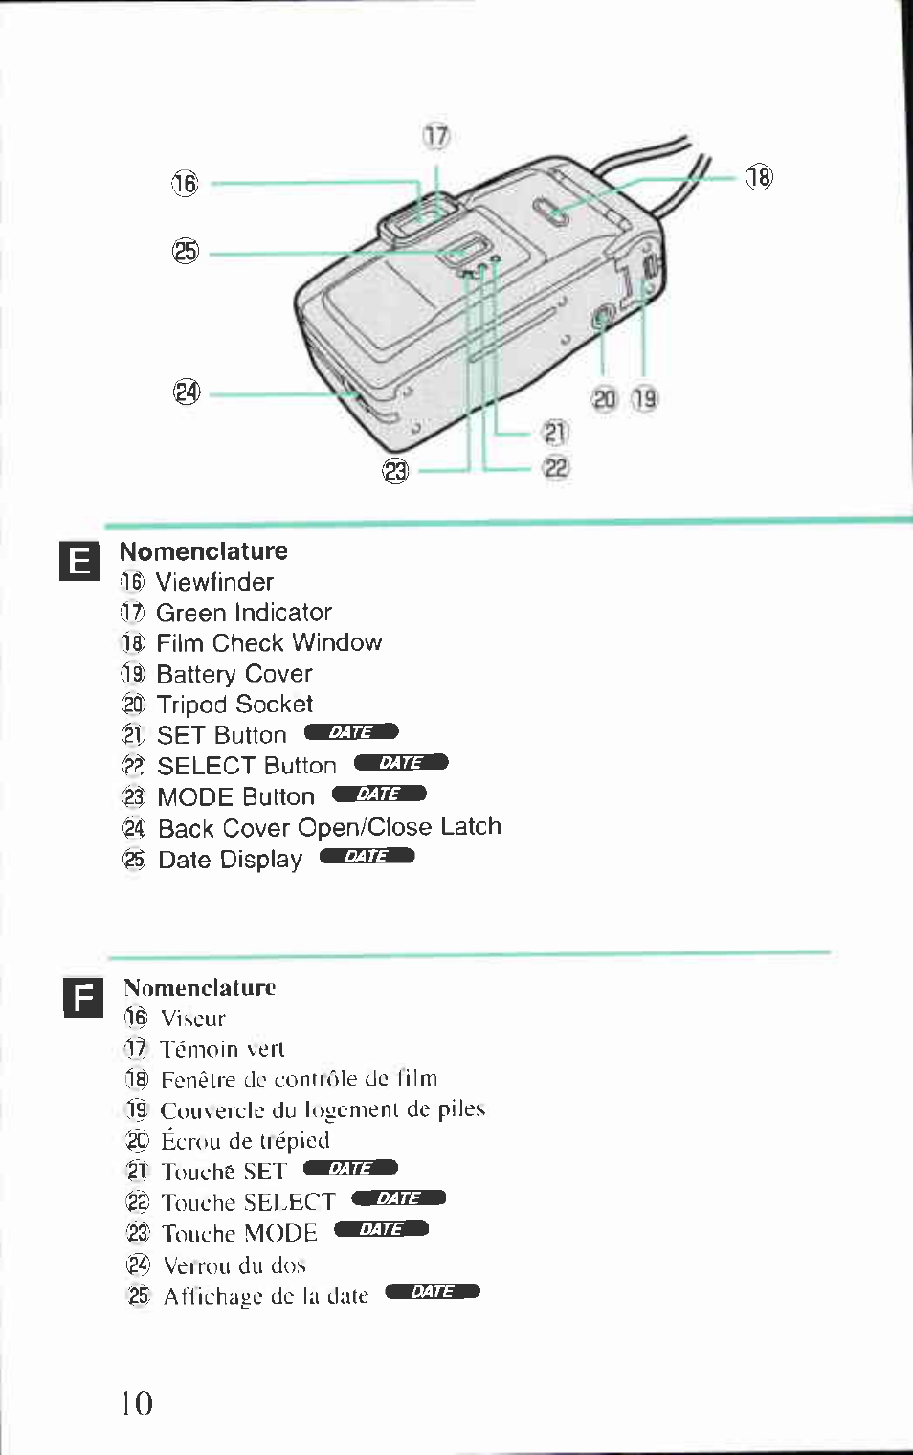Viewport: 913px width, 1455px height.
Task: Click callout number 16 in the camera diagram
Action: pyautogui.click(x=185, y=183)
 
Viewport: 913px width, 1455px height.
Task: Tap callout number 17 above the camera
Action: pyautogui.click(x=436, y=137)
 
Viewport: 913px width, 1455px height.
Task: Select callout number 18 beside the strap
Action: pyautogui.click(x=759, y=177)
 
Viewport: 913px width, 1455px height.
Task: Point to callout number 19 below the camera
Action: pyautogui.click(x=645, y=398)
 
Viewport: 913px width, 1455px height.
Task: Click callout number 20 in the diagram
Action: pyautogui.click(x=604, y=399)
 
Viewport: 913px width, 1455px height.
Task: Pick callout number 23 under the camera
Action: pyautogui.click(x=395, y=471)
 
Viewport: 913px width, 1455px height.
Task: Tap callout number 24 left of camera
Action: pyautogui.click(x=187, y=392)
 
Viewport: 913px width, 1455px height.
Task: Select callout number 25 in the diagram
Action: pyautogui.click(x=185, y=252)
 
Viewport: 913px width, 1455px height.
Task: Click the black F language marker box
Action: pyautogui.click(x=83, y=998)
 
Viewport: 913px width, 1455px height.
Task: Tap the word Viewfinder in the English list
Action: pyautogui.click(x=214, y=582)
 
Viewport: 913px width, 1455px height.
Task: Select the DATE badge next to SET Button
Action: pyautogui.click(x=351, y=732)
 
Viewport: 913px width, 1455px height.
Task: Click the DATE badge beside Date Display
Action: pyautogui.click(x=367, y=856)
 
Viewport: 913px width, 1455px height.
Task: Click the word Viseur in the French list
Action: pyautogui.click(x=193, y=1018)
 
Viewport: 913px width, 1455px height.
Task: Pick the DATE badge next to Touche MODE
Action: pyautogui.click(x=381, y=1229)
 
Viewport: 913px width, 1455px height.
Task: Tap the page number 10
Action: pyautogui.click(x=137, y=1403)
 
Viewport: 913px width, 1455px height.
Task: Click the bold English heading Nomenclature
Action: pyautogui.click(x=203, y=551)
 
